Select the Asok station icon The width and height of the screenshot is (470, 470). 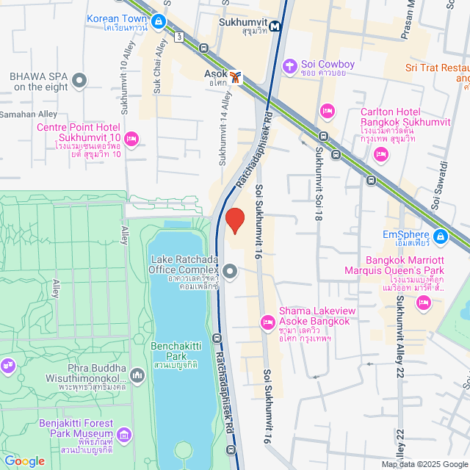235,76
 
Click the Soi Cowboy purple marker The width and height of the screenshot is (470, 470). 291,65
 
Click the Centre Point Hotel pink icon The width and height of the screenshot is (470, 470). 132,137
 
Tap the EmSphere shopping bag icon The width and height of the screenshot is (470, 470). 440,236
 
